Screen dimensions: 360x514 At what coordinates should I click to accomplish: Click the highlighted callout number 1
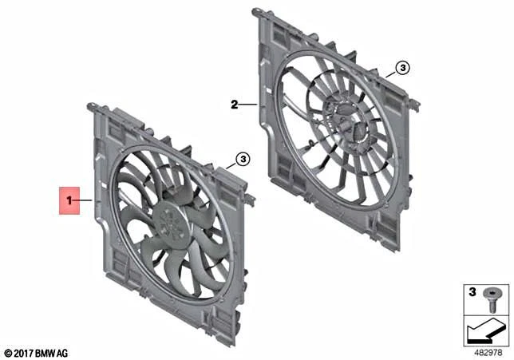(70, 200)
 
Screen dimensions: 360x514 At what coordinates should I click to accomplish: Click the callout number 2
(235, 104)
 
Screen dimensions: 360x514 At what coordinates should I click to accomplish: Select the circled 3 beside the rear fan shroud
(402, 69)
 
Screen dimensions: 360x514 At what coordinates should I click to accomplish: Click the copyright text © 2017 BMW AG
(37, 351)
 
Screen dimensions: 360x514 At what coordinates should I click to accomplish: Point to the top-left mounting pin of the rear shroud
(255, 11)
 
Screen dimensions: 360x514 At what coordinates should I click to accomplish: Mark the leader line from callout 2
(248, 104)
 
